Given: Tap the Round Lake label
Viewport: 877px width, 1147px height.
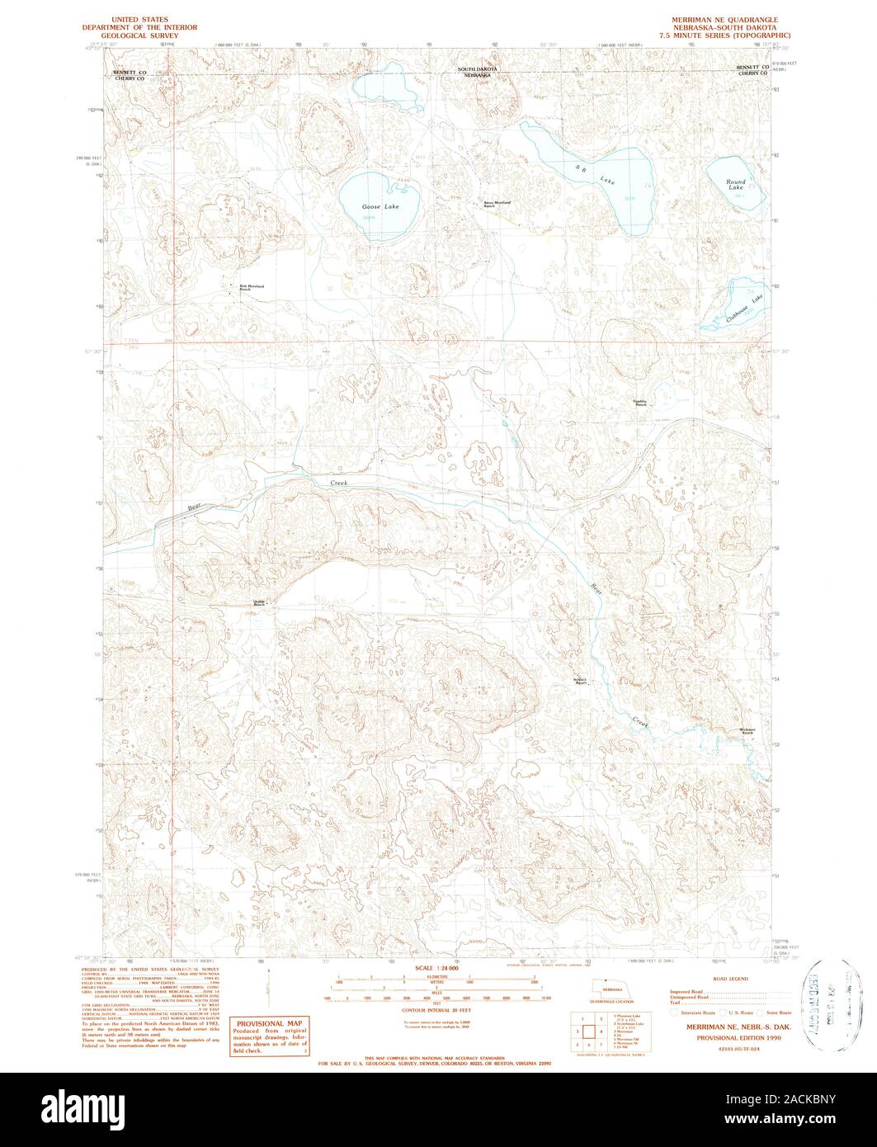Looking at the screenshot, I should pyautogui.click(x=735, y=185).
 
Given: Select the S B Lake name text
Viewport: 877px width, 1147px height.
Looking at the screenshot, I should pyautogui.click(x=596, y=175).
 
